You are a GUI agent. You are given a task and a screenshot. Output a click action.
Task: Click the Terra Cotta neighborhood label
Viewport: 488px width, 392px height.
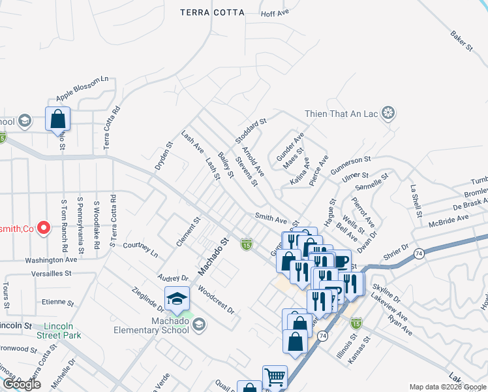[212, 12]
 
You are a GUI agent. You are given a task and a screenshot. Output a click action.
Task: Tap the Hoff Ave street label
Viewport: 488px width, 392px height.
[274, 13]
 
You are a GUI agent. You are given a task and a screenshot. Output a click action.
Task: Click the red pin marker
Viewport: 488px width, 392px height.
[44, 228]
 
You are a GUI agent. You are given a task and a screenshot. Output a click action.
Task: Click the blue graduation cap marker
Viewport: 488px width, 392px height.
[177, 299]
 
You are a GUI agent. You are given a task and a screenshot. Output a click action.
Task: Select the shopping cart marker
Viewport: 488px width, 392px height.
[275, 377]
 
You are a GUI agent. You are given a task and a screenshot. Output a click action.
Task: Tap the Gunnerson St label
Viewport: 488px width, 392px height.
[350, 165]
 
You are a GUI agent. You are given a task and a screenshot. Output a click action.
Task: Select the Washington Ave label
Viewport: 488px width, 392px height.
[52, 259]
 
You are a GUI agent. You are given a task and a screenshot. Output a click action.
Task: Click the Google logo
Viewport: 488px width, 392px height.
[22, 385]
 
